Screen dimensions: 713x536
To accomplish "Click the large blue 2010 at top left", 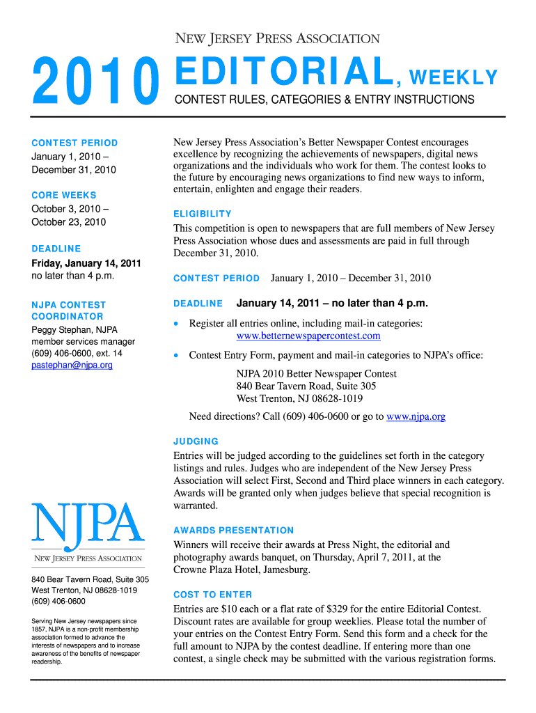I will (x=94, y=83).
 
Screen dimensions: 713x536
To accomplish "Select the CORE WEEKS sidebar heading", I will (x=64, y=195).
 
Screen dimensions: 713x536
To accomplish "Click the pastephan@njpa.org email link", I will (x=72, y=366).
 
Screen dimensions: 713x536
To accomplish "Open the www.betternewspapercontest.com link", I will (x=308, y=336).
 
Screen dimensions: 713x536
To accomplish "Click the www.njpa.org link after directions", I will (x=416, y=417).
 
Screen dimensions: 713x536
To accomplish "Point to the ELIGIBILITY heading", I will (x=203, y=214).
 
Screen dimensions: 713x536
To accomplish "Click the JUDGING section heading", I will (x=196, y=441).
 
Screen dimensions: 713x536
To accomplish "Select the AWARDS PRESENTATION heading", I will (x=234, y=531).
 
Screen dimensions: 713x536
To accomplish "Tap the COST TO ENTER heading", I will (x=213, y=595).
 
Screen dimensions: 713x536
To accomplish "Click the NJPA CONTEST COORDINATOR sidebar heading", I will (x=68, y=311).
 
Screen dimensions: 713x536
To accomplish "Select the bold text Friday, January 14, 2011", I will (x=86, y=263).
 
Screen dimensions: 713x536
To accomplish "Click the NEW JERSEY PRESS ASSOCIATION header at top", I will (x=276, y=39).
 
